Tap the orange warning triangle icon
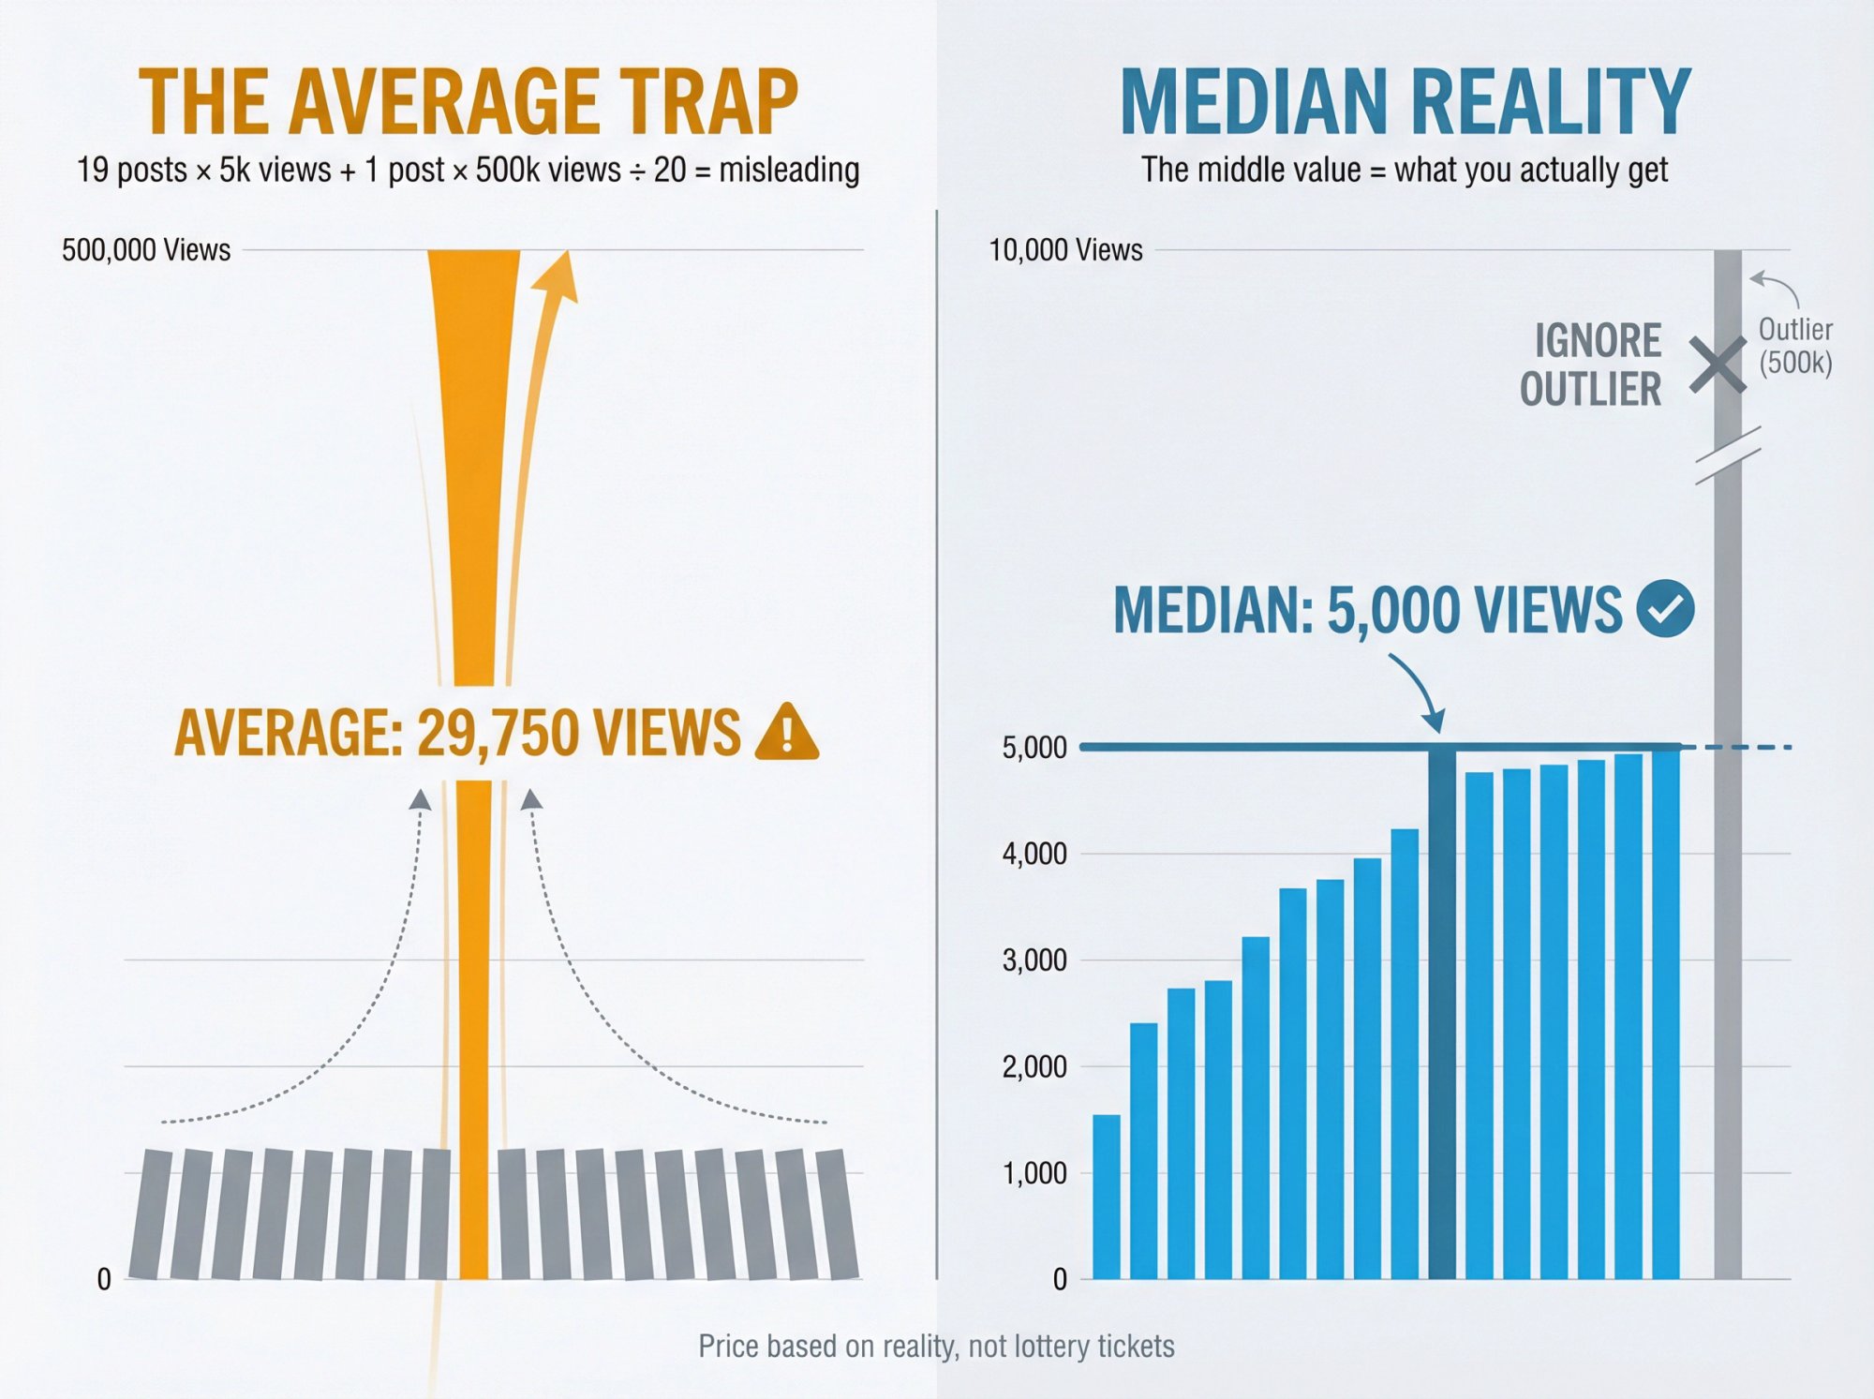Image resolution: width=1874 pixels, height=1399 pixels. [786, 732]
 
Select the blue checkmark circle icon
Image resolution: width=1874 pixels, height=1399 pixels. [1665, 608]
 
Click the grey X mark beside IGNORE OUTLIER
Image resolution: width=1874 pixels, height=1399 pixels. [1717, 365]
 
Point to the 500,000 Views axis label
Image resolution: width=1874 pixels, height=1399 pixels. [146, 250]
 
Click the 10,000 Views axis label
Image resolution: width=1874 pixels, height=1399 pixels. [1065, 250]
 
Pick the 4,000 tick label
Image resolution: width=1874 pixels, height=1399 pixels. [1034, 854]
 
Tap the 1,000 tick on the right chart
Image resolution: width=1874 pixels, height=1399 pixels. [1034, 1173]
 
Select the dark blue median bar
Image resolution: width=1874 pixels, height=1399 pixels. [1442, 1012]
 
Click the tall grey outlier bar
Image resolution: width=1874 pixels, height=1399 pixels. [1728, 843]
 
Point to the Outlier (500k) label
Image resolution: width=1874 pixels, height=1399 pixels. [1794, 346]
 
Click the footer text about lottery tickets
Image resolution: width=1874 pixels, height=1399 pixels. [936, 1347]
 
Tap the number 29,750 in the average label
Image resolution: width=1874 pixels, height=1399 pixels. [498, 732]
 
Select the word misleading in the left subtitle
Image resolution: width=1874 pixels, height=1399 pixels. [789, 170]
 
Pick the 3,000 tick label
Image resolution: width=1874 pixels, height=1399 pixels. [1034, 960]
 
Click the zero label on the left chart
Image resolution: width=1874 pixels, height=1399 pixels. [104, 1279]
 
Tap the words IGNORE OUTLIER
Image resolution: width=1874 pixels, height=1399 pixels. [1592, 365]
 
